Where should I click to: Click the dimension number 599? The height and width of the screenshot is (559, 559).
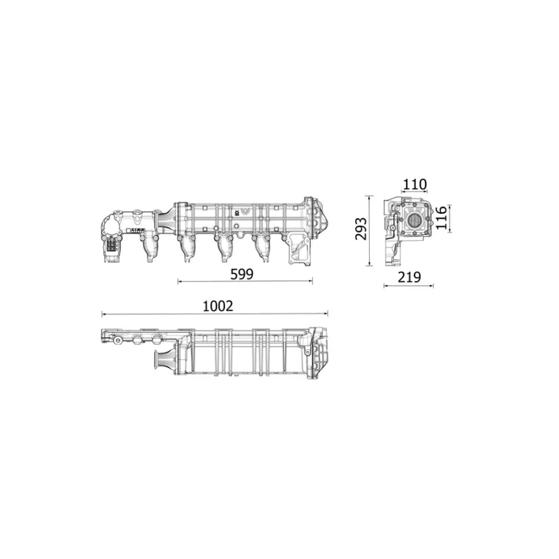pyautogui.click(x=241, y=274)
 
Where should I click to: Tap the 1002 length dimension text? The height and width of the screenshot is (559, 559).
pyautogui.click(x=217, y=306)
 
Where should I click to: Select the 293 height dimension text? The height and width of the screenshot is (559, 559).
pyautogui.click(x=361, y=229)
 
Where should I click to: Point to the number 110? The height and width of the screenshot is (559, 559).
pyautogui.click(x=414, y=184)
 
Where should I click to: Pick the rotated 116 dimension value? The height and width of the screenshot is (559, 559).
pyautogui.click(x=440, y=219)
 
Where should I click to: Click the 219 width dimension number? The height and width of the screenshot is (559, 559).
pyautogui.click(x=409, y=277)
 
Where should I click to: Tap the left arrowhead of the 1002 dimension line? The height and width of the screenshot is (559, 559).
pyautogui.click(x=103, y=314)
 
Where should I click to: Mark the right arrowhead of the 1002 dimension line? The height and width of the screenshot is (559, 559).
pyautogui.click(x=326, y=314)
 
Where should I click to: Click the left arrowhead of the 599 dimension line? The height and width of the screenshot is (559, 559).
pyautogui.click(x=180, y=282)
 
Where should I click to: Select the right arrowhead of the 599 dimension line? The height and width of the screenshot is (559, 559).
pyautogui.click(x=311, y=282)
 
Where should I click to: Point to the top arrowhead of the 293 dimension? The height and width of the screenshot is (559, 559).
pyautogui.click(x=370, y=196)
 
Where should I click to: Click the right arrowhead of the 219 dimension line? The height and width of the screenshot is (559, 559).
pyautogui.click(x=432, y=285)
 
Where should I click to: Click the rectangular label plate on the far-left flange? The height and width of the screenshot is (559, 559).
pyautogui.click(x=111, y=245)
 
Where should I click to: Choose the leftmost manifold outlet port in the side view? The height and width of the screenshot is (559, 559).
pyautogui.click(x=149, y=248)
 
